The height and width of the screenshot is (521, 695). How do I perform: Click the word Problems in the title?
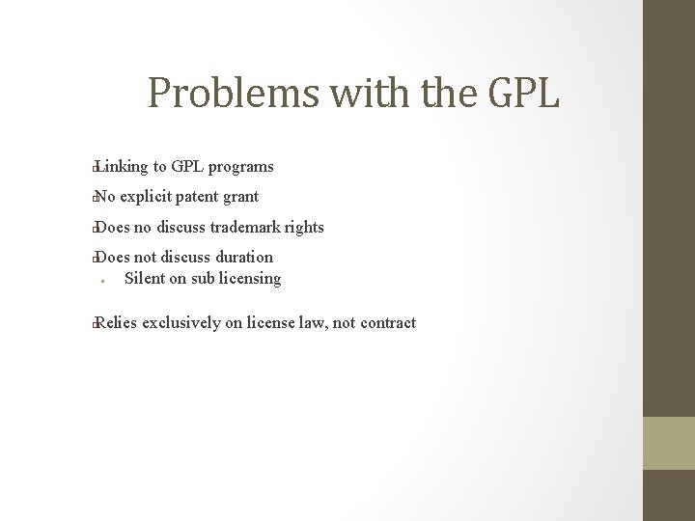coord(234,94)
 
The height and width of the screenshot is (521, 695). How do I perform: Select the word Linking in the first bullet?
coord(122,167)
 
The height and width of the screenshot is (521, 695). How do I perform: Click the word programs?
coord(245,168)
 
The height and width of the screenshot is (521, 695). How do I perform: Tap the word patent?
coord(203,197)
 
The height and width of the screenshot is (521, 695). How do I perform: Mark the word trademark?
coord(245,228)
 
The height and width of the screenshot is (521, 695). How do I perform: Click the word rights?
coord(305,228)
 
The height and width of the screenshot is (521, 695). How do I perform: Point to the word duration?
coord(244,258)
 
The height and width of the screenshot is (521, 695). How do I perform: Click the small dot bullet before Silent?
coord(101,282)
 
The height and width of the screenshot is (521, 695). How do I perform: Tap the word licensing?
coord(246,280)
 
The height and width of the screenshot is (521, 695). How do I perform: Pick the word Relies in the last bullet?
coord(117,323)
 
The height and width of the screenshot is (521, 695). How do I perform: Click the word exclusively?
coord(181,323)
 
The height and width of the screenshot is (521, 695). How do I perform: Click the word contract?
coord(388,323)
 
